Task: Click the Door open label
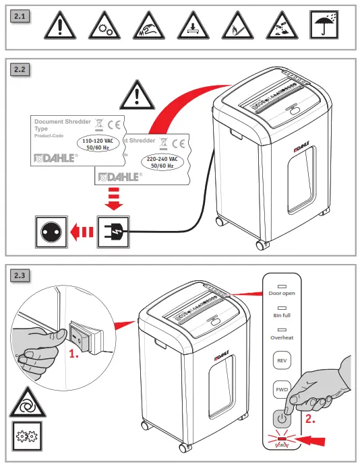coord(281,294)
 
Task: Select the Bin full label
coord(281,315)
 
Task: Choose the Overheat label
coord(281,337)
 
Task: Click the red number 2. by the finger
coord(311,418)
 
